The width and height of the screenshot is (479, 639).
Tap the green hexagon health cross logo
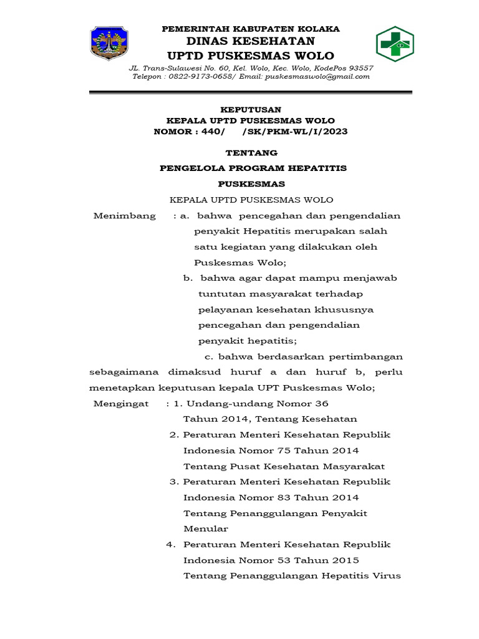(394, 44)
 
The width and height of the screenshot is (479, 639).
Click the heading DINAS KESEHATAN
(251, 42)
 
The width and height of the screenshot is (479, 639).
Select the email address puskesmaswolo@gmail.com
(317, 77)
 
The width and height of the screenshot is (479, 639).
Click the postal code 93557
(360, 68)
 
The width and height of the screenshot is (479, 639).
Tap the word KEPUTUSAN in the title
(251, 110)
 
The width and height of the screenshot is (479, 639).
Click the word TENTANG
(251, 153)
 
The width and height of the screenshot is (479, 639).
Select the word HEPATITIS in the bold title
(318, 168)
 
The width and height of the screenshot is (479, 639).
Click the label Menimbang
(125, 216)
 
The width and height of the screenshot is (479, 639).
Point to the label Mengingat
(122, 404)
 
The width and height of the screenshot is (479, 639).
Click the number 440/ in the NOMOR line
(213, 132)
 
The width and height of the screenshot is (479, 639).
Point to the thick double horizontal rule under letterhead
(251, 93)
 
